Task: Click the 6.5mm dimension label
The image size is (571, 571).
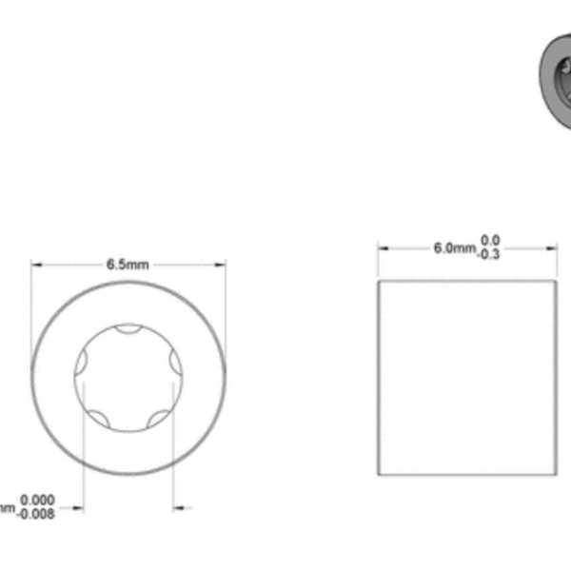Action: click(x=128, y=265)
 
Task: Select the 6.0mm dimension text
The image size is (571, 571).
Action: click(x=454, y=248)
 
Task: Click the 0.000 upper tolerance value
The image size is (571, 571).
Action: click(x=37, y=500)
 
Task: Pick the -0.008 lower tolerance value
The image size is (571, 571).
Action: click(x=35, y=514)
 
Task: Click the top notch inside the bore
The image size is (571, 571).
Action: click(x=128, y=329)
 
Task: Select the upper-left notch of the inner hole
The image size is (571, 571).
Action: click(x=82, y=361)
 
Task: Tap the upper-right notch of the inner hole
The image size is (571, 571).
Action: click(x=175, y=361)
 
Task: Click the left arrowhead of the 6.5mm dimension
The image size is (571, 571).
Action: click(x=36, y=265)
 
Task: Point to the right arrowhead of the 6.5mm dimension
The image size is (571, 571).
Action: click(x=222, y=265)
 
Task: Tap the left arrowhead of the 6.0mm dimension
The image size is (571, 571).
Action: click(x=383, y=248)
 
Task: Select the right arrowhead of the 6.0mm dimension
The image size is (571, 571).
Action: click(x=553, y=248)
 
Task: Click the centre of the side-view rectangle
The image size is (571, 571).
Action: click(x=467, y=377)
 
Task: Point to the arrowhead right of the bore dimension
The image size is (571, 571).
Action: click(x=178, y=508)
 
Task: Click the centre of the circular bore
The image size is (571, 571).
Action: click(x=128, y=377)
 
